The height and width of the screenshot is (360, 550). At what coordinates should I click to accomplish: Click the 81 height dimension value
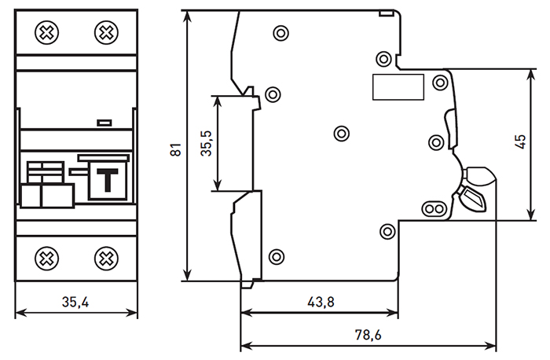176,148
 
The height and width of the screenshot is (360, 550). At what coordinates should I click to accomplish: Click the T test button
104,179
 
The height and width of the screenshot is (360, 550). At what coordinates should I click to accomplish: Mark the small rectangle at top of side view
384,13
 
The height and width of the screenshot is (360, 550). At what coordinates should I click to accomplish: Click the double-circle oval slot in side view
433,208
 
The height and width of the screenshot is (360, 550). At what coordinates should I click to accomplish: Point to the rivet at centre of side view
341,132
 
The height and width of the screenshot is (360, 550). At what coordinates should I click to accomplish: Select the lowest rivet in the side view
276,256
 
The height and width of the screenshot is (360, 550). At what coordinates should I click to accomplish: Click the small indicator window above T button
103,123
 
